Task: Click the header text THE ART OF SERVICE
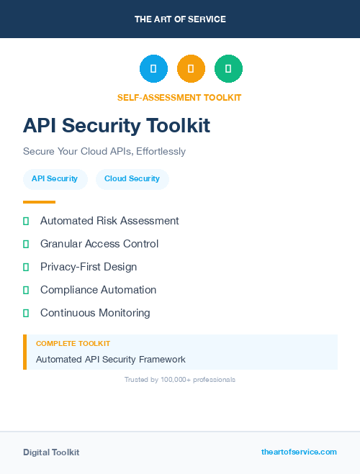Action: (x=180, y=19)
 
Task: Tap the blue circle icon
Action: (x=153, y=69)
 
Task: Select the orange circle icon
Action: (x=191, y=69)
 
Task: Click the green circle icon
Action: (x=228, y=69)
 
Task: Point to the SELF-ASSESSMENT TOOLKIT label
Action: (x=179, y=97)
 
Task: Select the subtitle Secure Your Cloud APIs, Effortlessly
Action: (x=104, y=152)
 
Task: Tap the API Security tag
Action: (x=55, y=179)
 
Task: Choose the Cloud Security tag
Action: (x=132, y=179)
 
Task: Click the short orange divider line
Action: (x=39, y=202)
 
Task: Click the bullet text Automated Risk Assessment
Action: (x=109, y=221)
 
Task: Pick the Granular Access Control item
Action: (x=99, y=244)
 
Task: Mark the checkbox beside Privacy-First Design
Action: (x=26, y=267)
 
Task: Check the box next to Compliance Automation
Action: (x=26, y=290)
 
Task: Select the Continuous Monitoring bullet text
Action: (x=95, y=313)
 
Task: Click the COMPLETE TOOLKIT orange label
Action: (x=73, y=344)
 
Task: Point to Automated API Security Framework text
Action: (x=111, y=359)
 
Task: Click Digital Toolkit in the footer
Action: (x=51, y=452)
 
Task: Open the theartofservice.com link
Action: (x=299, y=452)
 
